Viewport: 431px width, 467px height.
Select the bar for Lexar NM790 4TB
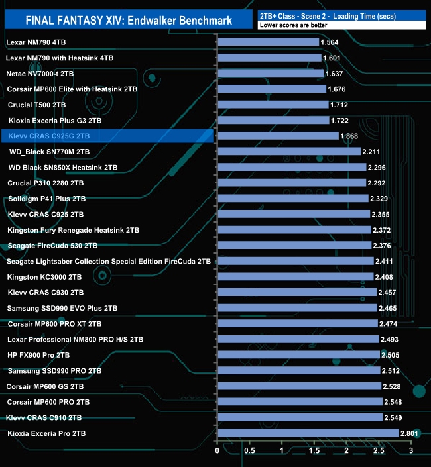click(268, 42)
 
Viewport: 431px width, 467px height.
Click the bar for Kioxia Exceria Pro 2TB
click(308, 433)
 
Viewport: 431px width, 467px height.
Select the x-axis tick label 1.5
click(314, 451)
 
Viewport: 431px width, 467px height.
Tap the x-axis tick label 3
click(411, 451)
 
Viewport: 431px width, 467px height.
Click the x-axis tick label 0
click(217, 451)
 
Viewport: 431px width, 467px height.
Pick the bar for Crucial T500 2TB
click(273, 105)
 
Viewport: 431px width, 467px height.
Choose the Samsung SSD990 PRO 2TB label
click(54, 371)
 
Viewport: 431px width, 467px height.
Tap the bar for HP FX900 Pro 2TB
click(298, 355)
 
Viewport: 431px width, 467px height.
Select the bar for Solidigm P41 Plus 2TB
click(292, 199)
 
